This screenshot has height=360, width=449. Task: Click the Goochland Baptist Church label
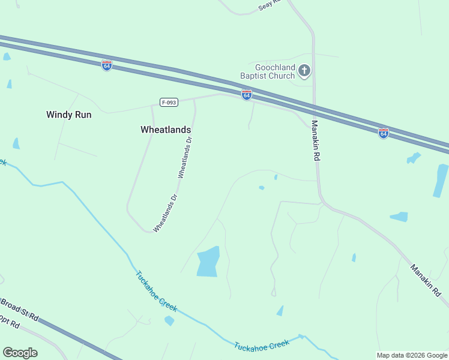[267, 72]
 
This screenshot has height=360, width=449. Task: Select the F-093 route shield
[169, 103]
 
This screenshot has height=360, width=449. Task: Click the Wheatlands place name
[166, 130]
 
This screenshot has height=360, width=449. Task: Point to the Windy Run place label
[69, 115]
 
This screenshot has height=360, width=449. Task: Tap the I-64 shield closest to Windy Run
[107, 65]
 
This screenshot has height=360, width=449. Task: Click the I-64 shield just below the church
[246, 95]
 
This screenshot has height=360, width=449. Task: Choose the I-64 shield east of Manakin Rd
[383, 133]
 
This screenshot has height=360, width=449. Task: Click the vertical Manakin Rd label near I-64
[315, 140]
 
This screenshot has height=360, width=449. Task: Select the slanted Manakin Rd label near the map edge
[426, 281]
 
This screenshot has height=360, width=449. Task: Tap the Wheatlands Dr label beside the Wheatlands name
[185, 158]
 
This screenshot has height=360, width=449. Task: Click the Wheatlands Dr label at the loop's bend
[166, 213]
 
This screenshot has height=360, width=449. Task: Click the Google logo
[20, 353]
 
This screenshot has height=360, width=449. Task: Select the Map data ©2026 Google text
[412, 355]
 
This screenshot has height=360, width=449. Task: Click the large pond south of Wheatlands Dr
[208, 262]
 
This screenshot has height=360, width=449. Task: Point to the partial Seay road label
[269, 5]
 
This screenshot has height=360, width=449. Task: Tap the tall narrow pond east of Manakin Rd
[441, 181]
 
